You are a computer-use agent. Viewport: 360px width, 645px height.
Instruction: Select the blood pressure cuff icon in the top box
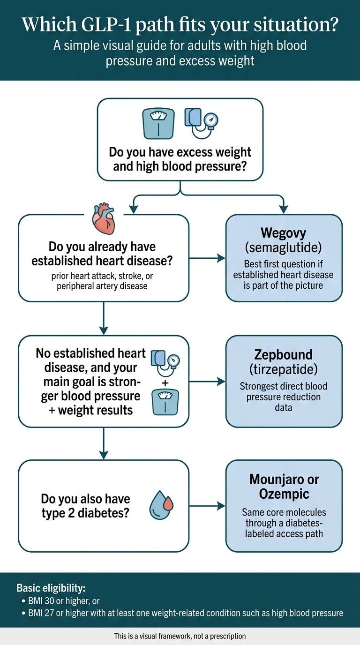click(201, 122)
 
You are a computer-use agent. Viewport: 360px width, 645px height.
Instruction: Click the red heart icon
click(104, 218)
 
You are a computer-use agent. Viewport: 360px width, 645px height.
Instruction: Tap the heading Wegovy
click(284, 233)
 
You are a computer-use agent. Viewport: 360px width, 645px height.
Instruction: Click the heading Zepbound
click(284, 354)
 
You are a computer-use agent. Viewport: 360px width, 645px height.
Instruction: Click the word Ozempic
click(284, 494)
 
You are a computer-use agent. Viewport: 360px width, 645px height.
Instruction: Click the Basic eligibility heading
click(51, 588)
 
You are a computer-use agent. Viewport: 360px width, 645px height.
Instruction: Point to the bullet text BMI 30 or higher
click(60, 601)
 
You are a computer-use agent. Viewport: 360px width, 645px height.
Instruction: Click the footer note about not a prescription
click(180, 636)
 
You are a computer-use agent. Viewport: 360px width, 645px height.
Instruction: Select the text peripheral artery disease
click(102, 286)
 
